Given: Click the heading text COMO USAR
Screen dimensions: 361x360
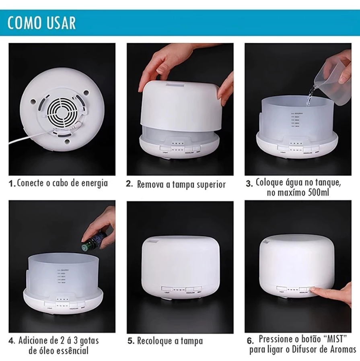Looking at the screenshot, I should coord(41,23).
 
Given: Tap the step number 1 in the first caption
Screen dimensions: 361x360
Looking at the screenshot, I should coord(12,184).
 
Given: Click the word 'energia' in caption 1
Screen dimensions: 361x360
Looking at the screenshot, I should coord(94,184).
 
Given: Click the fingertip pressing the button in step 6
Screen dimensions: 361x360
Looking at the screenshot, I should coord(316,289).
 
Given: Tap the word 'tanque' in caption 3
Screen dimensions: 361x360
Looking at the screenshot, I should coord(325,183).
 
